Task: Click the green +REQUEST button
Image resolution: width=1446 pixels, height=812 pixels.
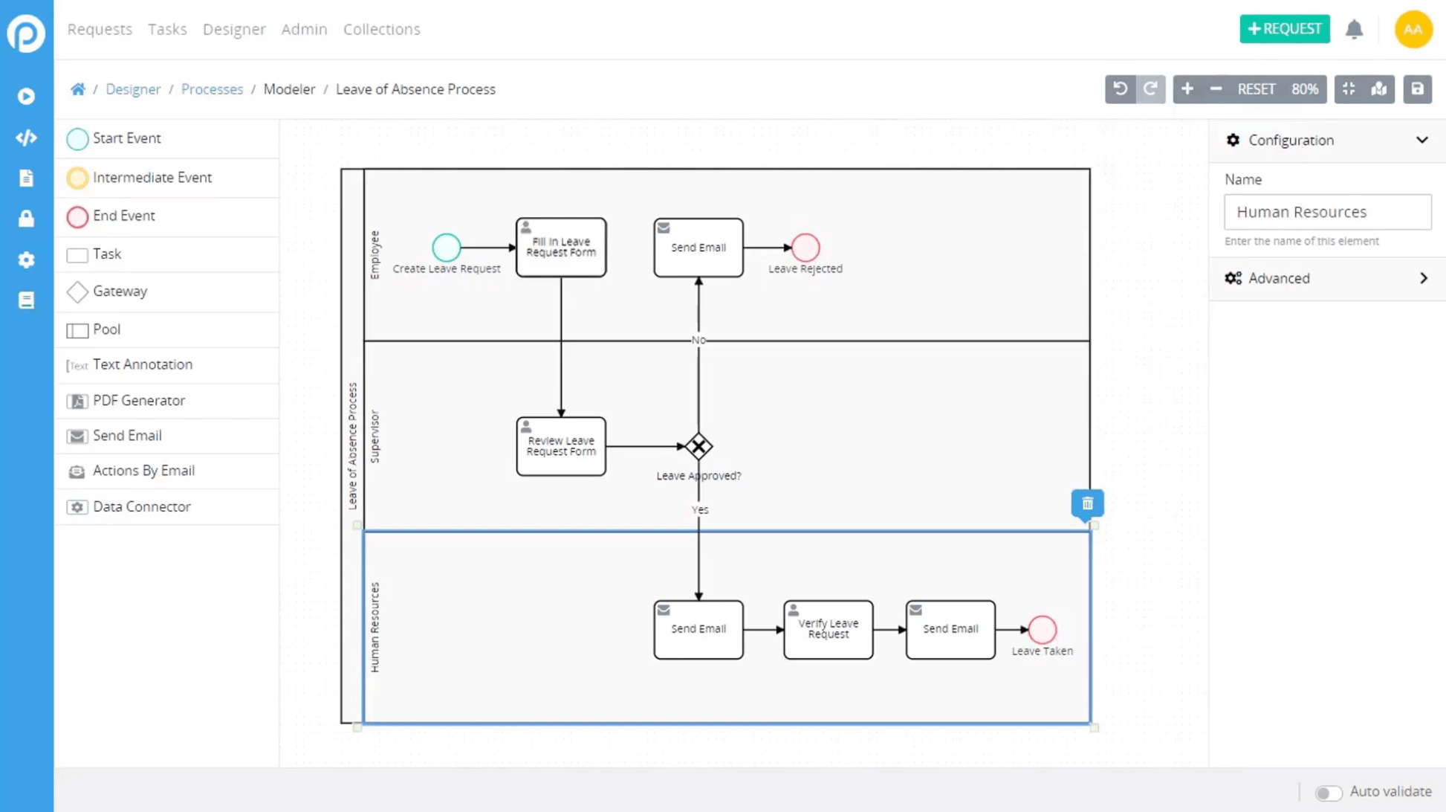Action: [x=1284, y=29]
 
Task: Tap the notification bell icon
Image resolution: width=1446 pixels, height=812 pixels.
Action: [x=1354, y=29]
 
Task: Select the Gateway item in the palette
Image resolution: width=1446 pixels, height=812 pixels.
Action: [x=119, y=291]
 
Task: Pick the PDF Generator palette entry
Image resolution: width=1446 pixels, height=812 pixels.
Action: [x=138, y=401]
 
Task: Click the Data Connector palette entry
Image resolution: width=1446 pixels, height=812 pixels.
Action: [x=141, y=507]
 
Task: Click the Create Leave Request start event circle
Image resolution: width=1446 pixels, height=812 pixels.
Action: [x=446, y=248]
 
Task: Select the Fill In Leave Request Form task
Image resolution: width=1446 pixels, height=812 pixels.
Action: [x=561, y=248]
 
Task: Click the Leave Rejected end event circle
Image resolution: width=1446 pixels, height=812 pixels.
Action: [x=805, y=248]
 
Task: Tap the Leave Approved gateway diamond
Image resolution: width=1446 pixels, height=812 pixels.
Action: [x=698, y=447]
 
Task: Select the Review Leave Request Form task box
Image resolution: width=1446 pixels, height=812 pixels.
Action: [x=561, y=447]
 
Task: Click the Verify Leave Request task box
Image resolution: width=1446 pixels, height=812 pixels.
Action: [x=828, y=630]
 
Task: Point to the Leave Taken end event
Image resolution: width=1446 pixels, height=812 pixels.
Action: [x=1042, y=630]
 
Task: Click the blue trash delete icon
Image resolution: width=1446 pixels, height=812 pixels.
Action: [x=1087, y=504]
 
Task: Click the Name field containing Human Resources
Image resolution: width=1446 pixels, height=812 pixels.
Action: [x=1326, y=213]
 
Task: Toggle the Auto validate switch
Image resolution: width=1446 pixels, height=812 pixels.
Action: [x=1328, y=793]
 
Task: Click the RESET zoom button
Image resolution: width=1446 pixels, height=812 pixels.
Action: [x=1256, y=89]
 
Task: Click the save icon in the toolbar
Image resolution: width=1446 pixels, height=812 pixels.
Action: [x=1417, y=89]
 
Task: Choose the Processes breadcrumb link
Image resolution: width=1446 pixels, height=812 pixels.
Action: [x=212, y=89]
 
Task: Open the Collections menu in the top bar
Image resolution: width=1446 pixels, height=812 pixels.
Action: [x=381, y=29]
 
